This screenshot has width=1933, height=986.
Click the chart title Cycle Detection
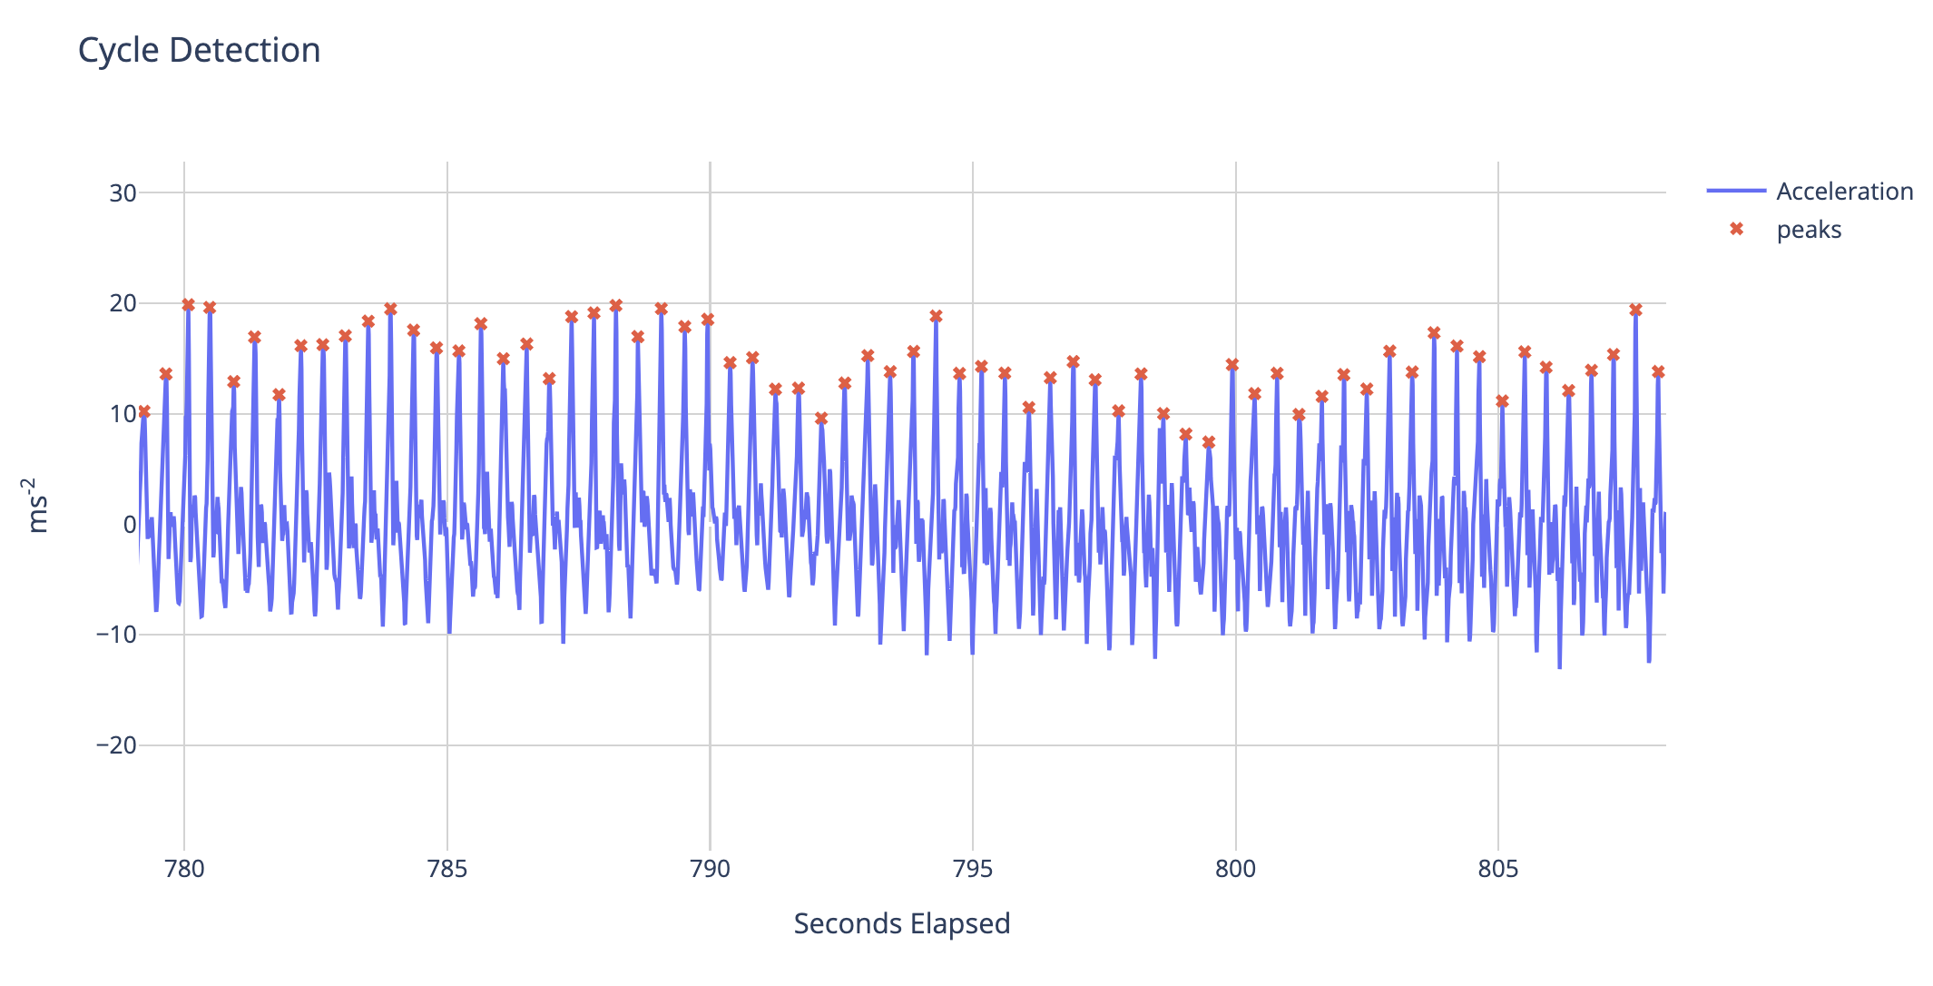(x=199, y=51)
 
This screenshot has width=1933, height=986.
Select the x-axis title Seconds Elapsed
(x=901, y=924)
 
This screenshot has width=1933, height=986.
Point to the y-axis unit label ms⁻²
(x=37, y=505)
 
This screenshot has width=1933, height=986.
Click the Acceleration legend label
(x=1844, y=192)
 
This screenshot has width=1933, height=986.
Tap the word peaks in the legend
(x=1809, y=230)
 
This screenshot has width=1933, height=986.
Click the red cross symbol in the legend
(x=1736, y=229)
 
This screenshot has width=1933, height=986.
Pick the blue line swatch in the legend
(x=1736, y=191)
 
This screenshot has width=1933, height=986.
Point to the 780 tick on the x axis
(x=184, y=869)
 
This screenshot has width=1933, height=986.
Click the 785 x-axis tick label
(x=446, y=869)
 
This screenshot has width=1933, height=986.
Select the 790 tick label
(x=710, y=869)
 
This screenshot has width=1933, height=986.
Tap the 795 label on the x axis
(x=973, y=869)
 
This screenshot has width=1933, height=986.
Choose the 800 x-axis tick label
(x=1235, y=869)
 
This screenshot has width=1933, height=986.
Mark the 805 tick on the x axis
(x=1498, y=869)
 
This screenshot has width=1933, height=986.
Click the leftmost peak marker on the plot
(x=143, y=411)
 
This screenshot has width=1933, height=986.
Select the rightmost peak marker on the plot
(x=1658, y=371)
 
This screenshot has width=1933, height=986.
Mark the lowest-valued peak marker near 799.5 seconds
(x=1208, y=442)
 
